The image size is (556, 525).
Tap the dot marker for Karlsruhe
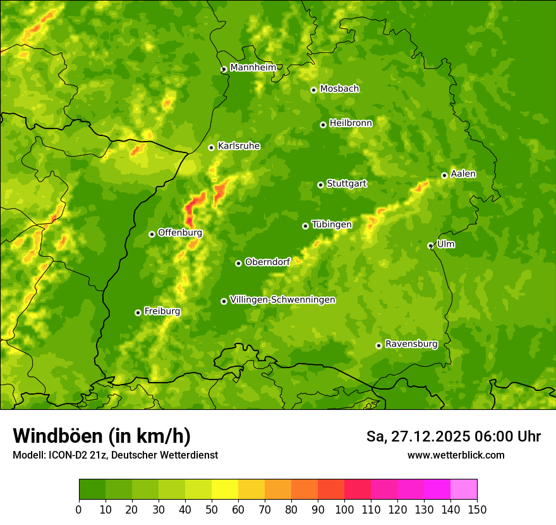coord(211,147)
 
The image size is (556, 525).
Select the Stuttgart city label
coord(346,183)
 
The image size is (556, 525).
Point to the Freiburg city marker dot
coord(138,312)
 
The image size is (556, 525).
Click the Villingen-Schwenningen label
coord(282,300)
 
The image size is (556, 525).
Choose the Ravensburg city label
coord(411,344)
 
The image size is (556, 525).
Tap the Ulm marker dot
coord(430,245)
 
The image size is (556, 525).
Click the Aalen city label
coord(463,174)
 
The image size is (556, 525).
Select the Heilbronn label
coord(351,123)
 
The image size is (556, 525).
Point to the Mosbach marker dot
coord(313,90)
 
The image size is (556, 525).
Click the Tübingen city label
coord(332,225)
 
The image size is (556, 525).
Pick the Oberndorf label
coord(267,262)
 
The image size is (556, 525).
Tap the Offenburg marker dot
coord(152,234)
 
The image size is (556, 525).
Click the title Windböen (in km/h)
coord(102,436)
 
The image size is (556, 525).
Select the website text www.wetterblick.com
coord(456,455)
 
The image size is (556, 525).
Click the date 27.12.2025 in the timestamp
coord(430,436)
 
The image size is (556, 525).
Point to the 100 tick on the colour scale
coord(344,509)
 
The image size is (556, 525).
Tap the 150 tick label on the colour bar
coord(477,509)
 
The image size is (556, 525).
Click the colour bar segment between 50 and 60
coord(225,489)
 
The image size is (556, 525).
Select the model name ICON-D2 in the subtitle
coord(66,455)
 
